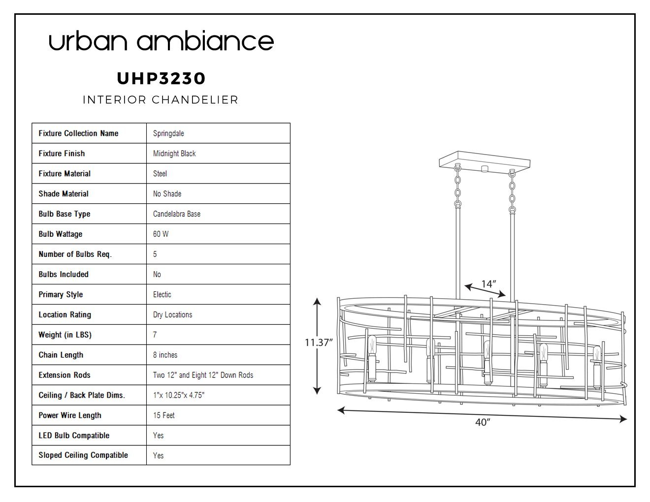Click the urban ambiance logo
click(x=161, y=40)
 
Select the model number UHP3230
click(x=161, y=78)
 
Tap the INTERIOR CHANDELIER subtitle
click(x=161, y=99)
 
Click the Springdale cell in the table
click(x=168, y=133)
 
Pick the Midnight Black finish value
click(x=174, y=154)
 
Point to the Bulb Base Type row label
click(x=65, y=214)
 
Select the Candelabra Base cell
click(x=176, y=214)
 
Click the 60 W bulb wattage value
click(x=161, y=234)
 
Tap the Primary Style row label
click(x=61, y=294)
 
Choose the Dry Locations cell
click(x=173, y=314)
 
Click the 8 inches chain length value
click(x=165, y=355)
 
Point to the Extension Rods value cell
click(x=203, y=375)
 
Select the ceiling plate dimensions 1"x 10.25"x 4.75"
click(x=179, y=395)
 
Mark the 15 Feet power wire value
click(x=163, y=415)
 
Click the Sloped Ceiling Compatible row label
click(x=83, y=455)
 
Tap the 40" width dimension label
click(x=483, y=422)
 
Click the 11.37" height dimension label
click(x=319, y=343)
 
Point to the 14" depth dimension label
click(x=488, y=284)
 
